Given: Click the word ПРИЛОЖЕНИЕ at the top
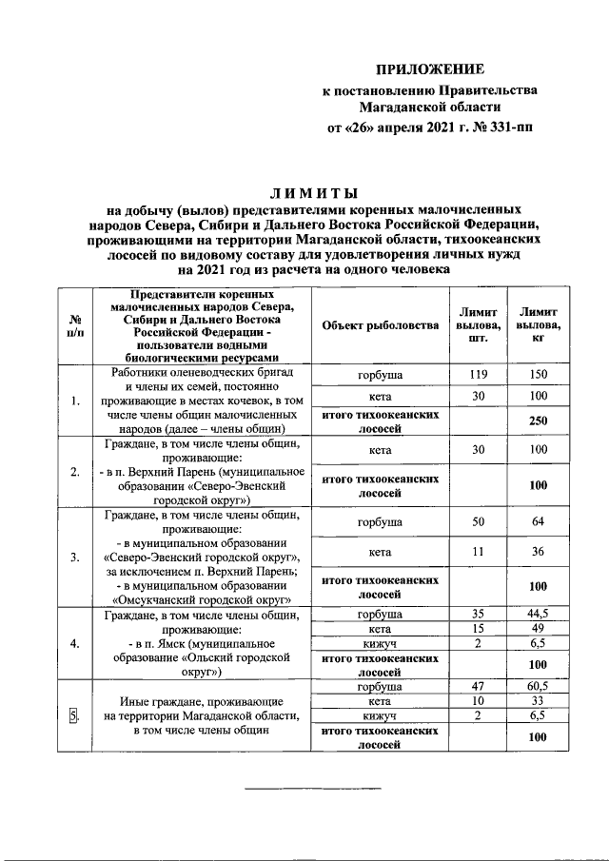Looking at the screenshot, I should click(429, 69).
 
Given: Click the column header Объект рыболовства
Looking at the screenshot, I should click(374, 325).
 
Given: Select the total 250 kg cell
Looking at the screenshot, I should click(539, 421).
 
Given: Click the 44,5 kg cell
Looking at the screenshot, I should click(539, 614).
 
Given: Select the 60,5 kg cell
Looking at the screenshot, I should click(539, 685).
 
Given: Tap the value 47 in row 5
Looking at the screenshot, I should click(479, 685).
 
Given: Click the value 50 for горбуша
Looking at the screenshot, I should click(479, 522).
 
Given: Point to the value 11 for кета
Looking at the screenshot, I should click(479, 551).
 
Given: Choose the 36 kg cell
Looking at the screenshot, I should click(539, 551).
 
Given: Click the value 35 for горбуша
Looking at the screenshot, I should click(479, 614).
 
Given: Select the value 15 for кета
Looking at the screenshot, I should click(479, 628).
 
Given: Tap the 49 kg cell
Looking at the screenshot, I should click(539, 628).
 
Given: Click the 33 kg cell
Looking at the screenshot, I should click(539, 700).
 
